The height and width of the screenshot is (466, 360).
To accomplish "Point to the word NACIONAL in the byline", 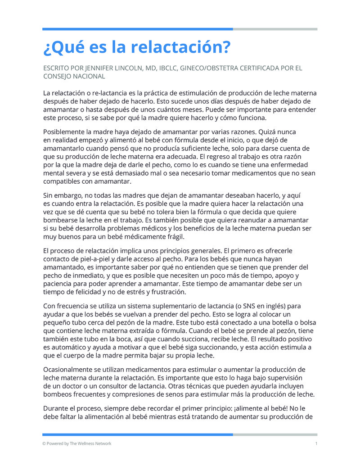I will click(89, 77).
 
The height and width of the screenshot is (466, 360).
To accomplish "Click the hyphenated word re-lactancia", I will click(103, 93).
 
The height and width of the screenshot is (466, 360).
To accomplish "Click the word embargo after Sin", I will click(70, 195).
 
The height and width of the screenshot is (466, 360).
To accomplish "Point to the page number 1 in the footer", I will click(316, 443).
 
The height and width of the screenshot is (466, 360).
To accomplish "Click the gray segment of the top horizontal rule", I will click(275, 29).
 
